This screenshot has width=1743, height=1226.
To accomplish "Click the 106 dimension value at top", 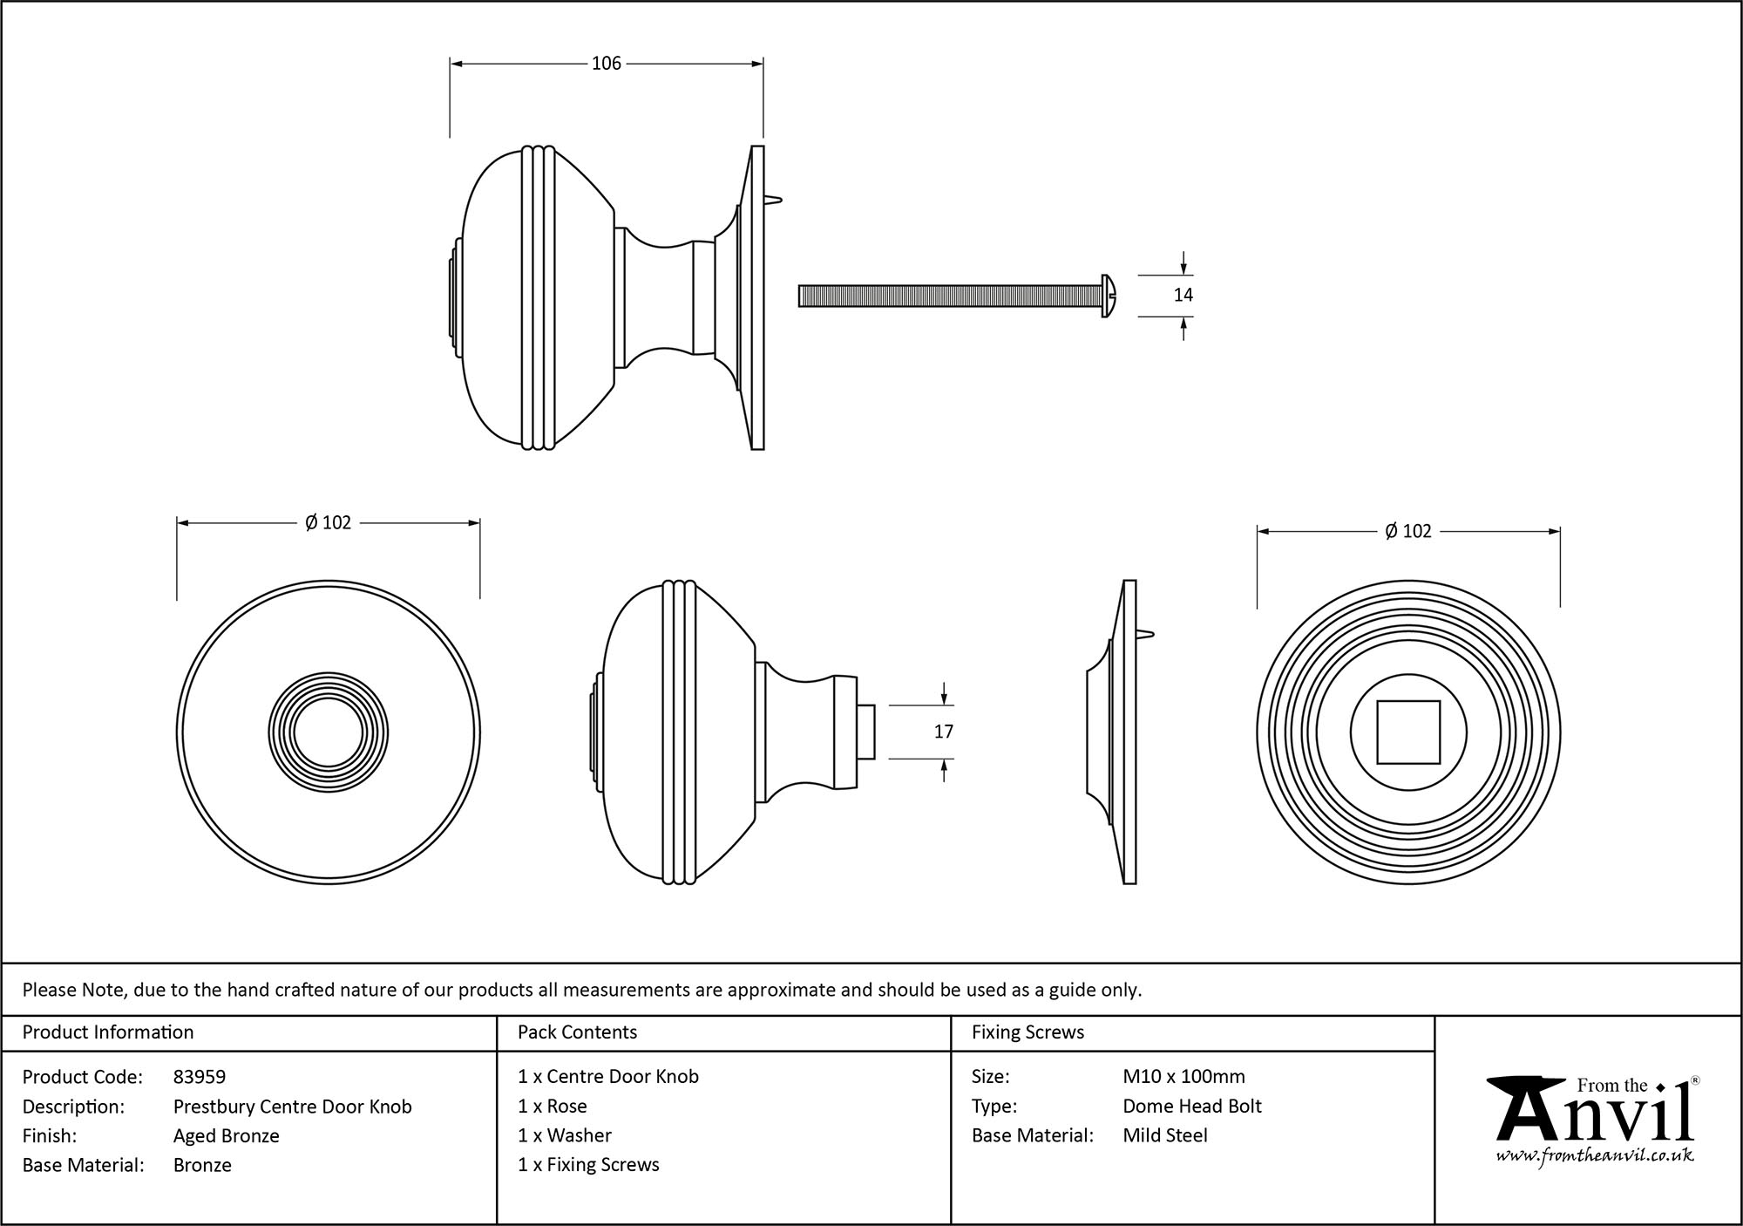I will [x=607, y=64].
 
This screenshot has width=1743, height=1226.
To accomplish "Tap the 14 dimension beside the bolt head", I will [x=1183, y=296].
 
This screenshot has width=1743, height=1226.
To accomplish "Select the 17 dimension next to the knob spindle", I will [x=944, y=732].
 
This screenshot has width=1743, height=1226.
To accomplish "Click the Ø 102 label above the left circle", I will [x=328, y=523].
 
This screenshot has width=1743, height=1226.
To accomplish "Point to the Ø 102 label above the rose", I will [x=1407, y=531].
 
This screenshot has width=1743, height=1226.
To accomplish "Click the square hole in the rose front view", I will [x=1407, y=732].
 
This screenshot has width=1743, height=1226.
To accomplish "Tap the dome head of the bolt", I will [x=1109, y=296].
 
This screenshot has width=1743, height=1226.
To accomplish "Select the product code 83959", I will [x=200, y=1077].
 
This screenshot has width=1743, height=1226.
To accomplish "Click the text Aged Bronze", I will [x=226, y=1136].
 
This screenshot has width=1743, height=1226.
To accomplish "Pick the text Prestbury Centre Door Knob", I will [x=292, y=1107].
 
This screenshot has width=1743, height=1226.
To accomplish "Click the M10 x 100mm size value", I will [x=1183, y=1077].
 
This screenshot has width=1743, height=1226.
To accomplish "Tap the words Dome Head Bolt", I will [x=1191, y=1107].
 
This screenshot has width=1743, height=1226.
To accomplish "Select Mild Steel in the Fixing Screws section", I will [x=1164, y=1136].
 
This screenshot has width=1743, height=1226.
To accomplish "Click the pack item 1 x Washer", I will [x=564, y=1135].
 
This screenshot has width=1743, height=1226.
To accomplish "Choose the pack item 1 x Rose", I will [x=552, y=1107].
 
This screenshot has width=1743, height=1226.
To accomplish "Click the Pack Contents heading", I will [x=577, y=1032].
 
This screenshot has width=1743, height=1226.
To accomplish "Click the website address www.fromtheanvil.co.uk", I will [x=1594, y=1156].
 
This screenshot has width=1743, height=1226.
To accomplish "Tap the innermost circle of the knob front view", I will [x=328, y=732].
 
